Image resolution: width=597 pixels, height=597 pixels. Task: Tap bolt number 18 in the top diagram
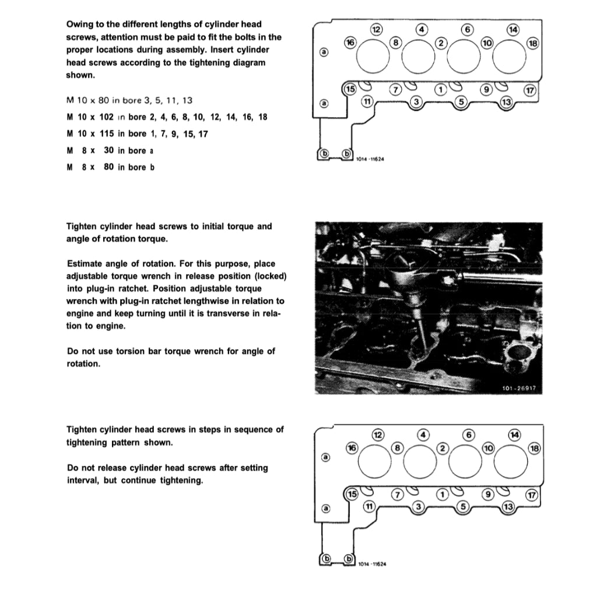pyautogui.click(x=533, y=43)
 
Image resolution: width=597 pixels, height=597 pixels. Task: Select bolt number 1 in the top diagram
pyautogui.click(x=441, y=89)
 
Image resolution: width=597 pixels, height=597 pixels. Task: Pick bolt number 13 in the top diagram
pyautogui.click(x=506, y=103)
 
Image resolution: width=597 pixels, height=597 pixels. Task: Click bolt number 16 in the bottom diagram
pyautogui.click(x=351, y=447)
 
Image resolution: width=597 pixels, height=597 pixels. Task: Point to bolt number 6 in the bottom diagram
pyautogui.click(x=466, y=434)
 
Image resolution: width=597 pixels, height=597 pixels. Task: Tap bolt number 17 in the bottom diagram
pyautogui.click(x=531, y=495)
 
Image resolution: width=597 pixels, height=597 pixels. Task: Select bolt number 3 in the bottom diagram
pyautogui.click(x=417, y=507)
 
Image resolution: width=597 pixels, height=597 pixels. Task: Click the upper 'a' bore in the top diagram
pyautogui.click(x=325, y=52)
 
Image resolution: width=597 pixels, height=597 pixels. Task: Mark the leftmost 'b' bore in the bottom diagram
pyautogui.click(x=326, y=559)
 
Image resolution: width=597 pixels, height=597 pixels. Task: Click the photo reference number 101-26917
pyautogui.click(x=518, y=388)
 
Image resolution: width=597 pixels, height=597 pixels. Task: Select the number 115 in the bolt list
pyautogui.click(x=107, y=134)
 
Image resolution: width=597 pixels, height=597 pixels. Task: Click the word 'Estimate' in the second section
pyautogui.click(x=86, y=264)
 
